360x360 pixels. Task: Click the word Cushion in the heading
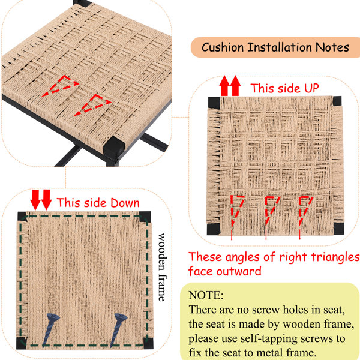tap(223, 47)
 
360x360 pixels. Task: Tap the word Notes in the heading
tap(332, 47)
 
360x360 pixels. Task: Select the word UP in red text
tap(311, 88)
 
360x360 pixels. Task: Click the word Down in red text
tap(125, 203)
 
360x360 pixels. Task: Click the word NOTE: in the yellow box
tap(206, 295)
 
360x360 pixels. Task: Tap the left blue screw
tap(51, 329)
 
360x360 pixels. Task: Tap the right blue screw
tap(118, 329)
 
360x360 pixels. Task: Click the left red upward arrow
tap(224, 86)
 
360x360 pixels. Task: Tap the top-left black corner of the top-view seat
tap(214, 103)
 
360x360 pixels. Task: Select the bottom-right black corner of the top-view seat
tap(338, 229)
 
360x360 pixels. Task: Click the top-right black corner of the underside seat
tap(145, 217)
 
